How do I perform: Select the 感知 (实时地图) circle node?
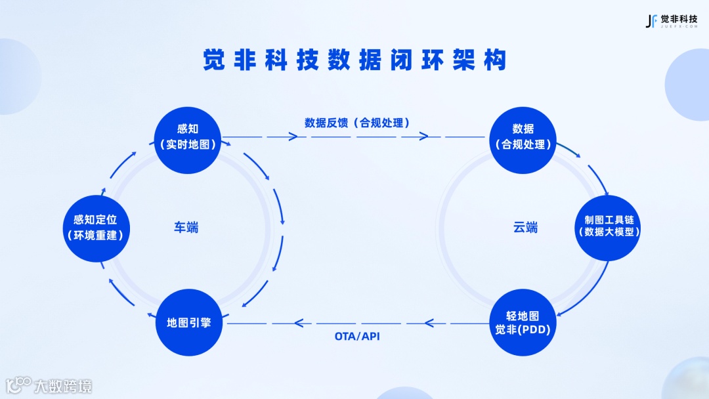click(x=188, y=136)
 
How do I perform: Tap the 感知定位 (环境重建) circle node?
click(x=95, y=227)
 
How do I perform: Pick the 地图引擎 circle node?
click(x=188, y=323)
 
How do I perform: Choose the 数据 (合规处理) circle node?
click(x=523, y=136)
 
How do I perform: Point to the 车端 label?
click(x=186, y=228)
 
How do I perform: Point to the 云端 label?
click(x=525, y=228)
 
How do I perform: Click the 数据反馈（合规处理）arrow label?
click(x=356, y=122)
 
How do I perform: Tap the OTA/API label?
click(x=357, y=337)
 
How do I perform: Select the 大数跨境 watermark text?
click(x=63, y=385)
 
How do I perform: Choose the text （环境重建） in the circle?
click(x=95, y=235)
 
